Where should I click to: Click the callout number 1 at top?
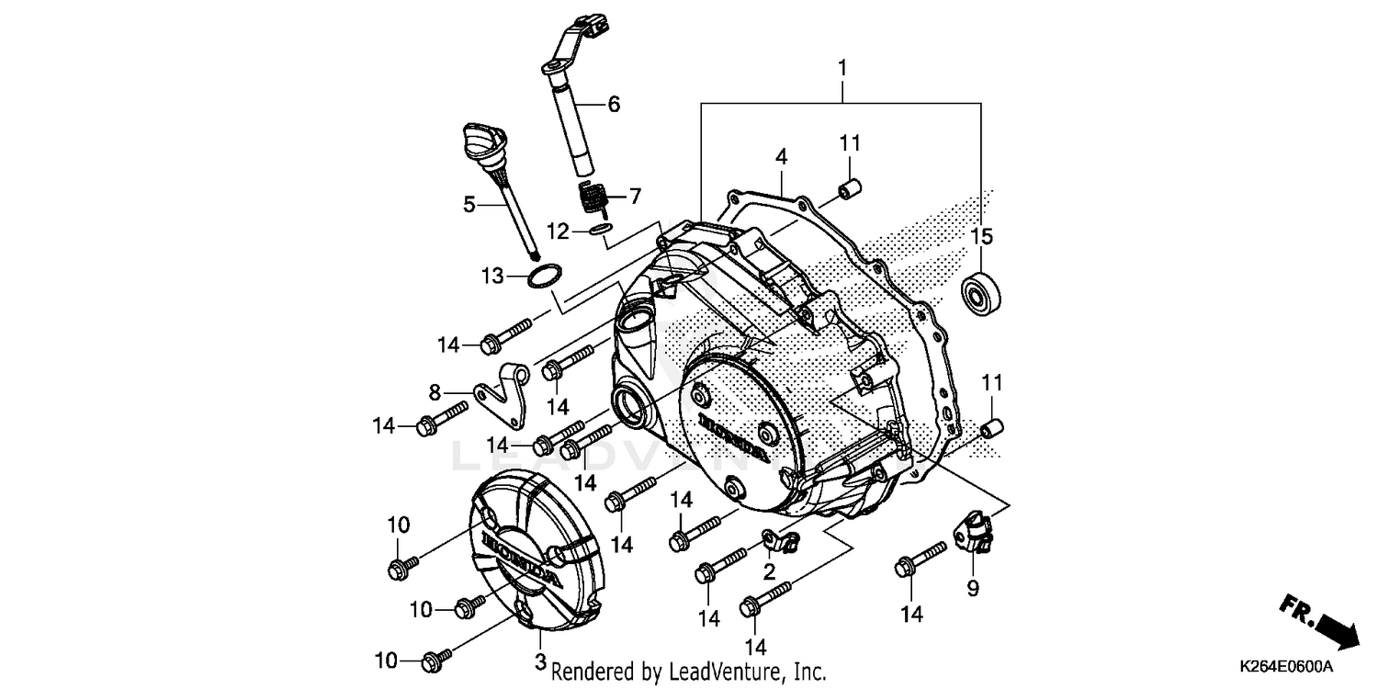click(x=841, y=68)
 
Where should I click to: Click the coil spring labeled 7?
click(x=593, y=197)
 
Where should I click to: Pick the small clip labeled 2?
click(x=778, y=541)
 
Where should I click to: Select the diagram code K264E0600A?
click(x=1287, y=665)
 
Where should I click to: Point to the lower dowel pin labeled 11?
click(x=990, y=427)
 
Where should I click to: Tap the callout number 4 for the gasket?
click(x=781, y=156)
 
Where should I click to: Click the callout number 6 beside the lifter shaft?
click(x=614, y=104)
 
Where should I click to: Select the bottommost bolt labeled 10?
click(x=436, y=659)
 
